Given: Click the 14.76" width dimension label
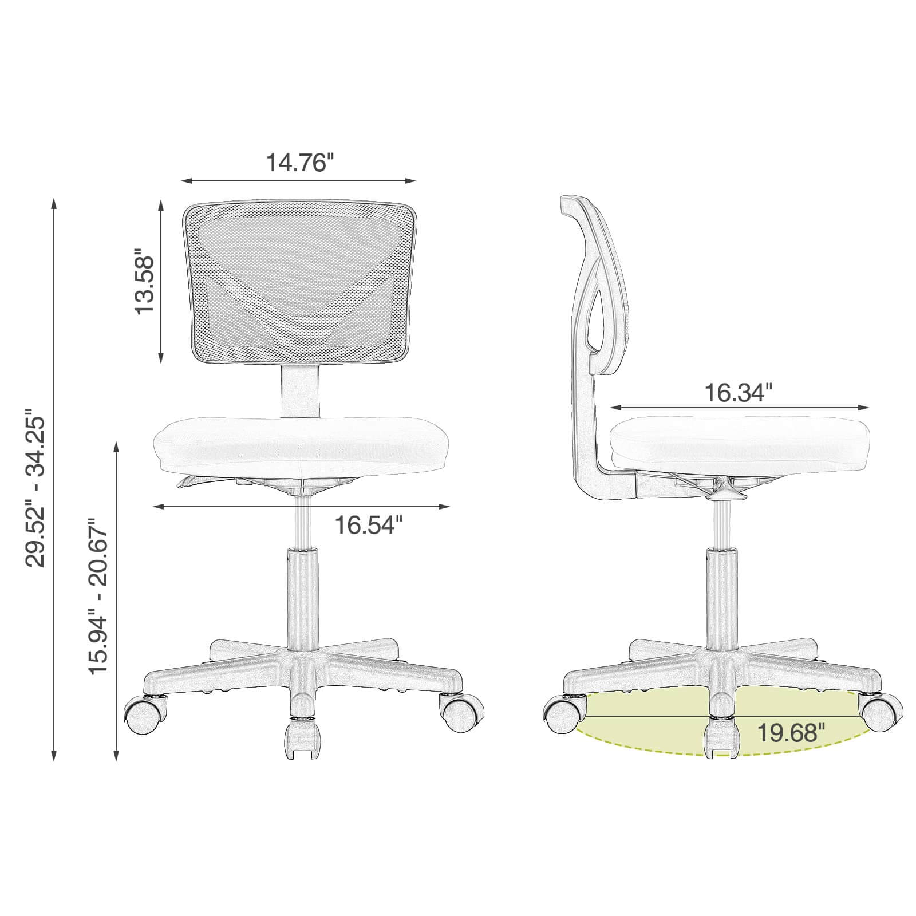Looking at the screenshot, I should [x=299, y=163].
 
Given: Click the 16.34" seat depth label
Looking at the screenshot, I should [x=739, y=393].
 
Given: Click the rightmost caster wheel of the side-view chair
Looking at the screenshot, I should [x=881, y=712].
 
